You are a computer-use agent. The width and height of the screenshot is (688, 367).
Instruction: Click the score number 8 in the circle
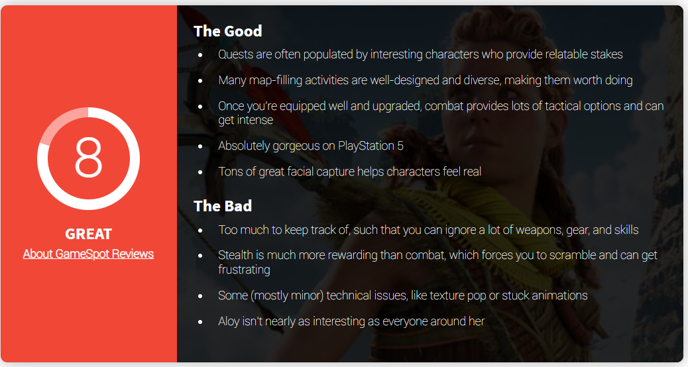pyautogui.click(x=89, y=157)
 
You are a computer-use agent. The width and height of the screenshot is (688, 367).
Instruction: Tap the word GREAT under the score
pyautogui.click(x=89, y=234)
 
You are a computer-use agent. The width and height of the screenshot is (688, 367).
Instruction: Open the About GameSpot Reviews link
pyautogui.click(x=88, y=254)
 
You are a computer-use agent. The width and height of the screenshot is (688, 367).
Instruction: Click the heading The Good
pyautogui.click(x=228, y=31)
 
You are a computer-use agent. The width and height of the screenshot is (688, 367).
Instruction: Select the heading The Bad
pyautogui.click(x=223, y=206)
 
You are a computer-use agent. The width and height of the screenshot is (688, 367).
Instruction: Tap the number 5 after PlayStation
pyautogui.click(x=400, y=146)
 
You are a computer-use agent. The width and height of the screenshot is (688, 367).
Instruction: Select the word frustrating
pyautogui.click(x=244, y=270)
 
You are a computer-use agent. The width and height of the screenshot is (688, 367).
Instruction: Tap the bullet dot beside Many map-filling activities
pyautogui.click(x=201, y=81)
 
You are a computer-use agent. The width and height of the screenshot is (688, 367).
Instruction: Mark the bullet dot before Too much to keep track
pyautogui.click(x=201, y=231)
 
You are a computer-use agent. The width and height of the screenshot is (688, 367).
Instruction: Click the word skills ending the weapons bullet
pyautogui.click(x=626, y=230)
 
